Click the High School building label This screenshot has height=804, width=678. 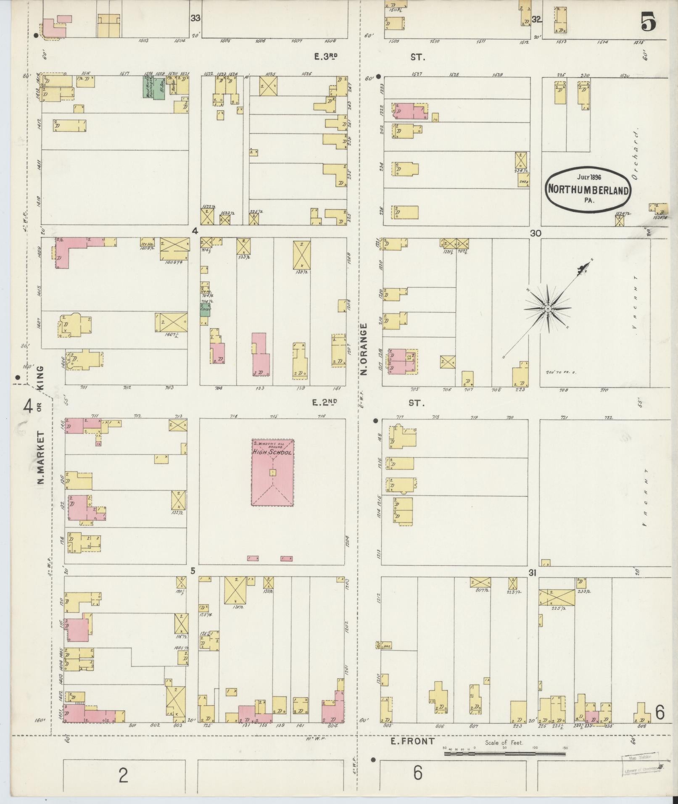[x=272, y=452]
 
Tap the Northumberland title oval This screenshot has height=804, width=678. [x=588, y=189]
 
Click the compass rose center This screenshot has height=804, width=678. [x=548, y=309]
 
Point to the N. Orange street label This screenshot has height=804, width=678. [x=364, y=349]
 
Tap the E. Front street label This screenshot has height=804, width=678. [x=412, y=741]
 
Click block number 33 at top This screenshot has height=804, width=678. [x=195, y=18]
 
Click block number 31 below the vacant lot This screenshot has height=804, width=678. [x=533, y=572]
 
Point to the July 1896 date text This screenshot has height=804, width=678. [x=589, y=177]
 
